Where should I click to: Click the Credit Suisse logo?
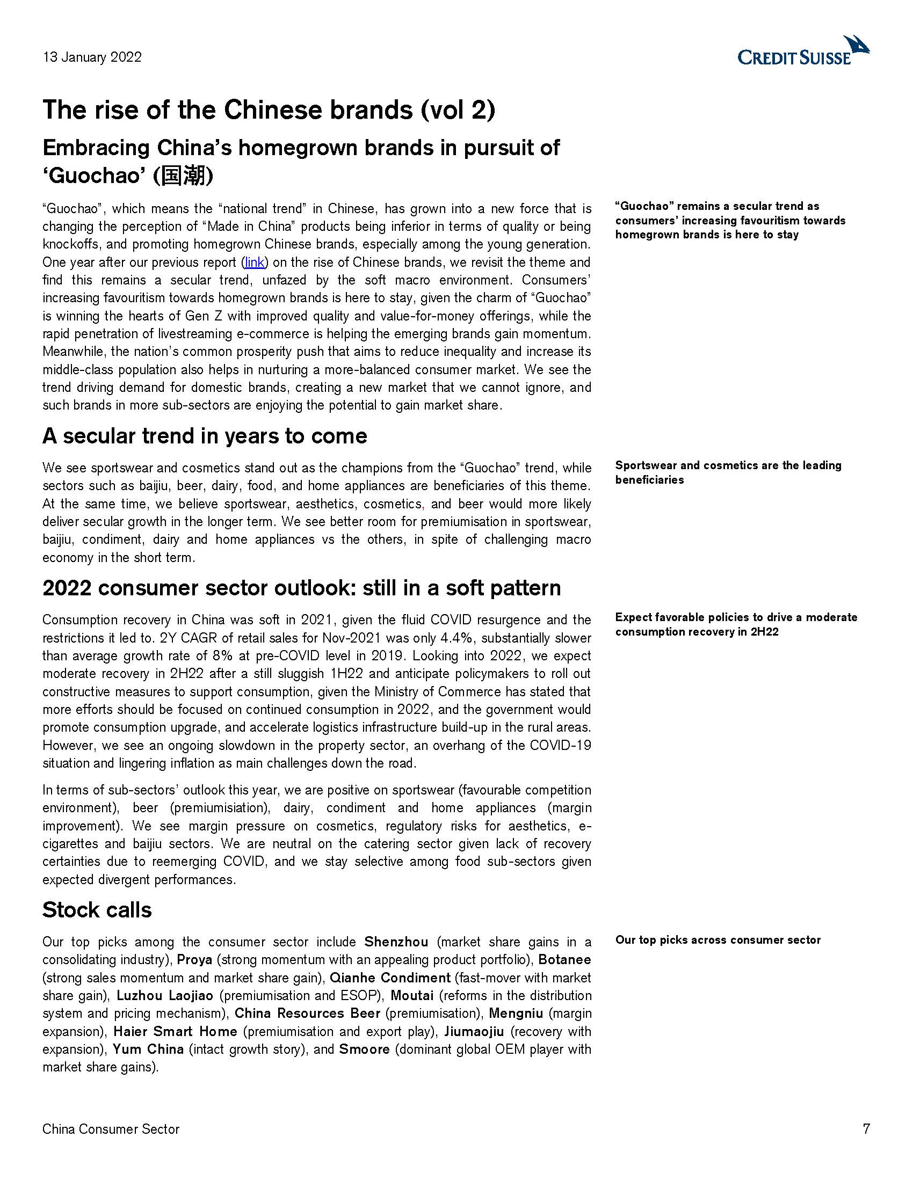click(803, 52)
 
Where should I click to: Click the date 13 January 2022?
click(92, 57)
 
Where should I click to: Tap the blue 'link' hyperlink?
click(254, 263)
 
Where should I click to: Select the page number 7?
click(866, 1129)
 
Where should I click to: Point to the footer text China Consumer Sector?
click(111, 1129)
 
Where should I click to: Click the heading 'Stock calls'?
click(97, 910)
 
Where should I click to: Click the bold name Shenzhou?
click(396, 942)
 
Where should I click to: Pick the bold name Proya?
click(195, 960)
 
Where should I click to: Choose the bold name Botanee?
click(564, 960)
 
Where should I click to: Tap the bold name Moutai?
click(411, 995)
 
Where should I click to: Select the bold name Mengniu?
click(515, 1014)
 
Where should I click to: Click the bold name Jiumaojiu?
click(474, 1031)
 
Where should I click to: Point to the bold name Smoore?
click(364, 1049)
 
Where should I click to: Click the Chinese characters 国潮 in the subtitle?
click(184, 176)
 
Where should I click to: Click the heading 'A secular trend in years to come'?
click(205, 436)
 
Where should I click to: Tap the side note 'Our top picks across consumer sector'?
click(718, 940)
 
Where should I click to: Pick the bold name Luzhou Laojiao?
click(164, 995)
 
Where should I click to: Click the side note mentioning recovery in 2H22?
click(736, 624)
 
